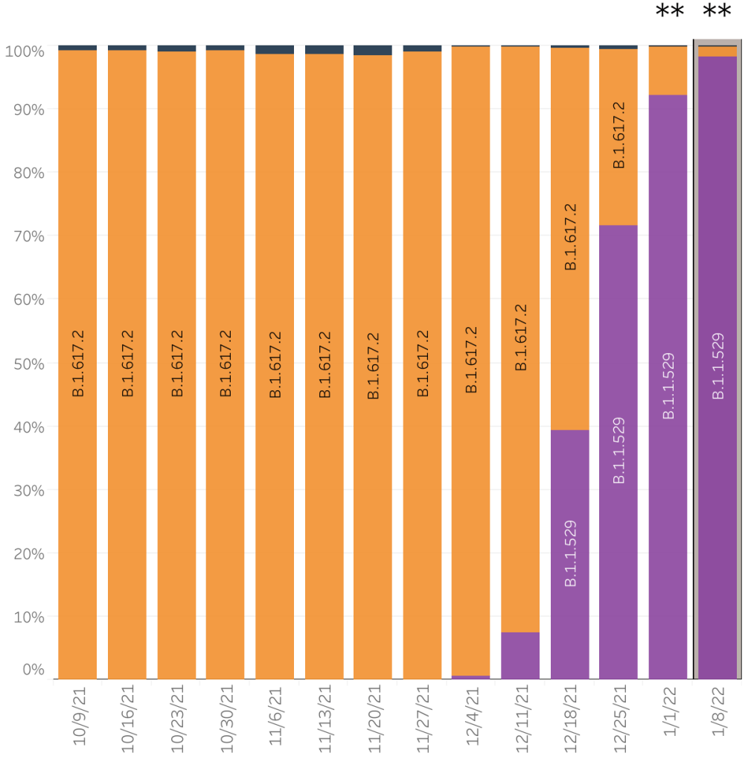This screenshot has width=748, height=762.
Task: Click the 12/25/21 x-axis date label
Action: (618, 719)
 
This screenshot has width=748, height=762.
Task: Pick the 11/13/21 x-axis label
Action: (324, 719)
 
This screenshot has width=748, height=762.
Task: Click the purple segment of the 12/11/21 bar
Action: (520, 655)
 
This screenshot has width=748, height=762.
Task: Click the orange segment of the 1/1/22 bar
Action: (668, 71)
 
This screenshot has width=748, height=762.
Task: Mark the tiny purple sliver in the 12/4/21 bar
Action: (471, 677)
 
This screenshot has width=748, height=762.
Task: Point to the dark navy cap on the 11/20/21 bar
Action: (373, 50)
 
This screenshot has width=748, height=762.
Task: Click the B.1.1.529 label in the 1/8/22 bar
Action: (718, 365)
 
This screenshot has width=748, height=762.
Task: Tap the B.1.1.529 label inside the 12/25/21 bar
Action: (619, 451)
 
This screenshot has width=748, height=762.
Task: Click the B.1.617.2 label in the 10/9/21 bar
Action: (78, 363)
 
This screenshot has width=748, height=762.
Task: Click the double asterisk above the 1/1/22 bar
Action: (669, 13)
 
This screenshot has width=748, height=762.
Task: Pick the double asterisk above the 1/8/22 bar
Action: (717, 13)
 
